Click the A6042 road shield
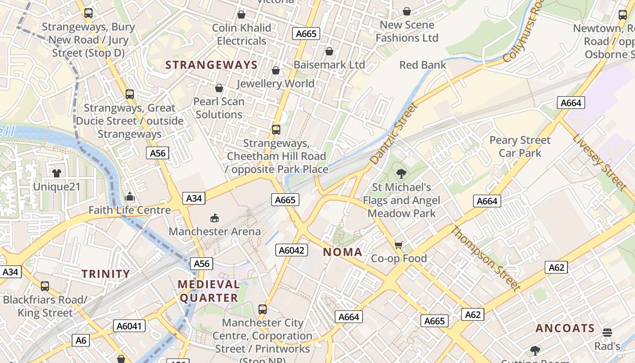(x=292, y=250)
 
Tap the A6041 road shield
(x=129, y=326)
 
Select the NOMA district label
(x=342, y=252)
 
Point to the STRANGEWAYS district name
(x=211, y=65)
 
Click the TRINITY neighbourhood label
(x=106, y=274)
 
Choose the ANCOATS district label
(x=565, y=328)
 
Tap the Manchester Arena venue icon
(x=215, y=218)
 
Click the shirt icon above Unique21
(x=57, y=173)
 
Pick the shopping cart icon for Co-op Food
(x=399, y=245)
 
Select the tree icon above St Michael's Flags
(x=401, y=173)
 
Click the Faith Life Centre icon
(x=130, y=197)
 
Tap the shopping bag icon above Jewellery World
(x=275, y=70)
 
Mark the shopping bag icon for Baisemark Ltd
(x=329, y=51)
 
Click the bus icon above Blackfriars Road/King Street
(x=44, y=286)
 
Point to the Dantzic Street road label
(x=393, y=133)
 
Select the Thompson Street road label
(x=485, y=258)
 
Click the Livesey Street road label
(x=599, y=162)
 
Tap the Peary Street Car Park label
(x=520, y=147)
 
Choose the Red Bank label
(x=423, y=65)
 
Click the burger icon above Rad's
(x=607, y=333)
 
